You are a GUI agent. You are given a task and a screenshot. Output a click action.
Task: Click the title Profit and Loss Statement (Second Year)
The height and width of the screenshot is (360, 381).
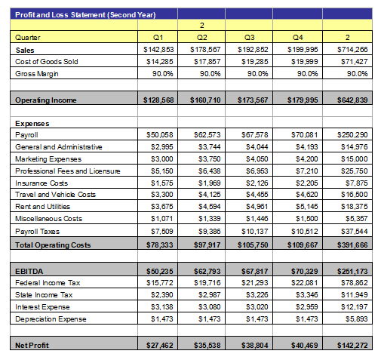85,15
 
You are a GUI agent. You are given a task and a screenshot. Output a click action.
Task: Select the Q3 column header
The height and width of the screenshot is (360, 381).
250,38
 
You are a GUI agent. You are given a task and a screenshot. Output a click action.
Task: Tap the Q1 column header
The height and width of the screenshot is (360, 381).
158,38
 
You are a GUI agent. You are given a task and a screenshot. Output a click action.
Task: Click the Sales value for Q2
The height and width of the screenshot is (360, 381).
205,50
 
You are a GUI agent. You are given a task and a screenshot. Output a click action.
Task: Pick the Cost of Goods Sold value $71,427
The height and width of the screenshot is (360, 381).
354,62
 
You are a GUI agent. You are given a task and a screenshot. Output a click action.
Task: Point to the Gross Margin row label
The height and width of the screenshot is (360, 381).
37,74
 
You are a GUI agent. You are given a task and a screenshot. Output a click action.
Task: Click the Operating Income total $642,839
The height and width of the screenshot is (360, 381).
352,100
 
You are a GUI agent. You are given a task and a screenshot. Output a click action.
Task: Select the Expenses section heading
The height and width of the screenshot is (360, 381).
32,124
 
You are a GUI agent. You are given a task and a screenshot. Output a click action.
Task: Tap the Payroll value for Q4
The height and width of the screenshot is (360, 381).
305,135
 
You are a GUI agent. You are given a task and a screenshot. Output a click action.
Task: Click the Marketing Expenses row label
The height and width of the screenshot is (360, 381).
48,159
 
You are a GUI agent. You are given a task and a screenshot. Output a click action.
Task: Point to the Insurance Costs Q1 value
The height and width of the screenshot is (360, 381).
162,183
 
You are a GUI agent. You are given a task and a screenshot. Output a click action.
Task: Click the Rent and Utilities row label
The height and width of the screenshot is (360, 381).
42,207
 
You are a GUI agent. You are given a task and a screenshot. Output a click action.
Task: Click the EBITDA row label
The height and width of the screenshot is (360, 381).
29,272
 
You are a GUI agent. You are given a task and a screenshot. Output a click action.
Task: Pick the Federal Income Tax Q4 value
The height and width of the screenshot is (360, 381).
305,283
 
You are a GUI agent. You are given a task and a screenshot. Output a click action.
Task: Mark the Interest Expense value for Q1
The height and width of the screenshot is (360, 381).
162,307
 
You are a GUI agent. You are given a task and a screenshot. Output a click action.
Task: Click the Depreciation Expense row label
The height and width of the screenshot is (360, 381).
51,319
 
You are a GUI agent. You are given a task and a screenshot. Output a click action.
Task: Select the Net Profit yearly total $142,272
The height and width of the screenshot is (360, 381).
352,346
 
